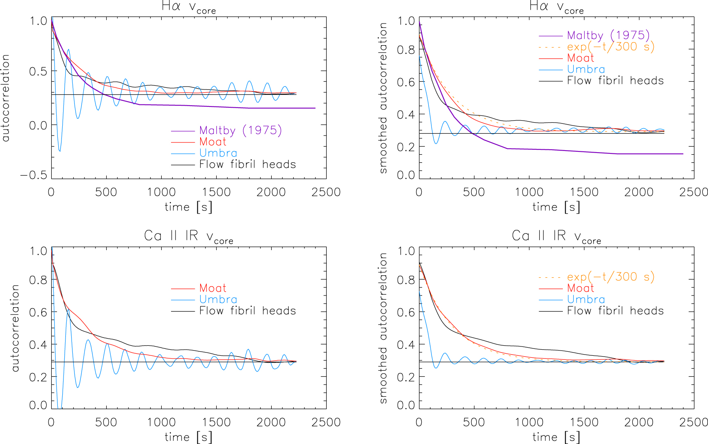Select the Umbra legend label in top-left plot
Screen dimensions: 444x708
(x=218, y=153)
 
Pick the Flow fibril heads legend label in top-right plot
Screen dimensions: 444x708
(x=615, y=81)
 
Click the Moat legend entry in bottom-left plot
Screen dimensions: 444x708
(x=213, y=288)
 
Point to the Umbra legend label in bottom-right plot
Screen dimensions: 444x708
(x=586, y=300)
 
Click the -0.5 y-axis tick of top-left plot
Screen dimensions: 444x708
(x=34, y=175)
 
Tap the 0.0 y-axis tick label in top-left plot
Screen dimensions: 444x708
(x=38, y=125)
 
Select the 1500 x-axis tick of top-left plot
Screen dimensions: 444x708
(x=216, y=192)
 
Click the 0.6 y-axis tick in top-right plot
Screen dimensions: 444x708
(x=406, y=82)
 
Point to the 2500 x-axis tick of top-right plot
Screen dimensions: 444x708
(x=693, y=192)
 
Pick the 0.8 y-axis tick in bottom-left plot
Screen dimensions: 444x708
(x=38, y=280)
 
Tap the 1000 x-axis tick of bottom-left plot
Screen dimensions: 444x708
(x=161, y=422)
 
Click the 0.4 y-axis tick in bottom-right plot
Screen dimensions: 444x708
(x=406, y=344)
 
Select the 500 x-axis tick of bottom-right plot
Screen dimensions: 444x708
(x=474, y=422)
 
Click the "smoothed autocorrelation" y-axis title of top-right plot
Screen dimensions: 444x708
(x=383, y=98)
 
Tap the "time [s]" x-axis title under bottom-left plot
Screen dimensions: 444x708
(x=188, y=437)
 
